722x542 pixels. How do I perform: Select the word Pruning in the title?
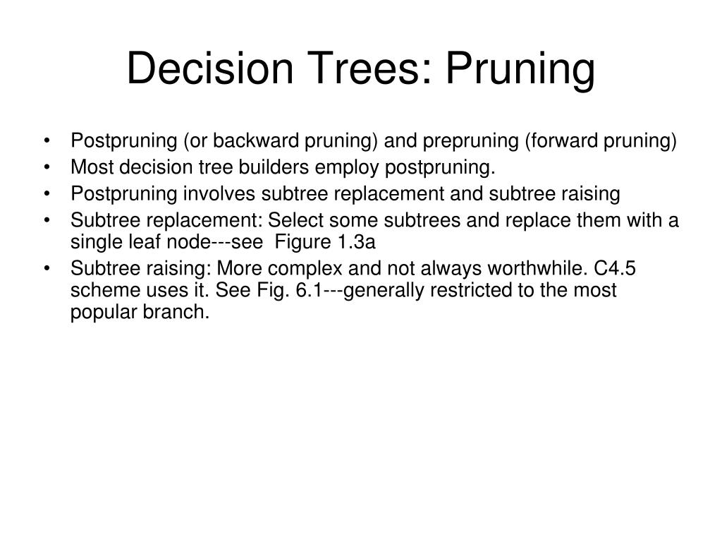point(521,69)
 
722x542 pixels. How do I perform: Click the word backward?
point(258,141)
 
